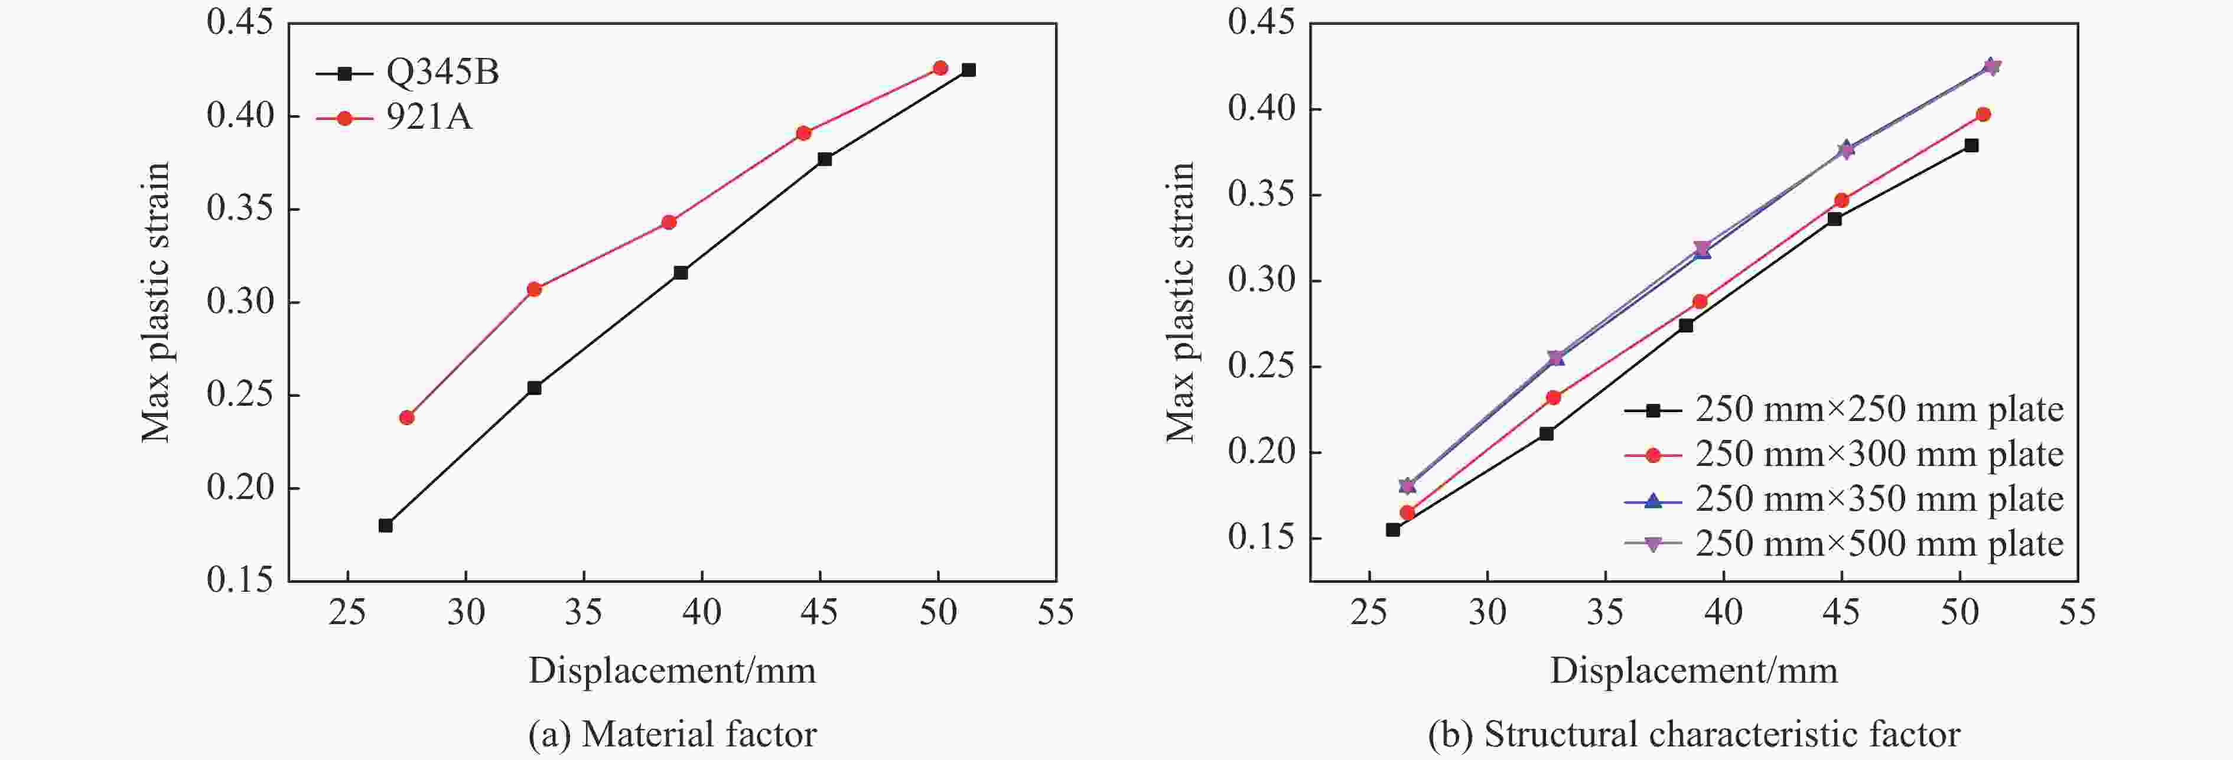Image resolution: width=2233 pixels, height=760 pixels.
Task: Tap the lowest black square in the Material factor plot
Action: (386, 525)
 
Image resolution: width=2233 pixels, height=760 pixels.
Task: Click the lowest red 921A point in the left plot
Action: (406, 417)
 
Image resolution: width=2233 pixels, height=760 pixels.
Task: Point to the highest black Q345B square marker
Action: (968, 70)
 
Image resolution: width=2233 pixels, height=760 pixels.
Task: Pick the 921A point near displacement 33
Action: (534, 289)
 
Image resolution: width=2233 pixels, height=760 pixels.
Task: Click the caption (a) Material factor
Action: (672, 734)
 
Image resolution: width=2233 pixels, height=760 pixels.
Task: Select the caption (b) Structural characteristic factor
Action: (1694, 734)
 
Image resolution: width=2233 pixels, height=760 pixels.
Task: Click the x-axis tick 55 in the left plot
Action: (1055, 613)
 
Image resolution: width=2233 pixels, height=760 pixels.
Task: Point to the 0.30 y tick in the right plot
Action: (1261, 280)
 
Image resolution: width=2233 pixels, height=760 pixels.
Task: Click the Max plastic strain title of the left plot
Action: (156, 302)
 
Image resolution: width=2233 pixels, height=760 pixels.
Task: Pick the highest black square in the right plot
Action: (1971, 146)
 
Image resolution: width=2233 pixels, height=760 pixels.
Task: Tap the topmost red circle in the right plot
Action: (1983, 115)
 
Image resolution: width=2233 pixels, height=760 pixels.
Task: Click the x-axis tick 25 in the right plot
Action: (1369, 613)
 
